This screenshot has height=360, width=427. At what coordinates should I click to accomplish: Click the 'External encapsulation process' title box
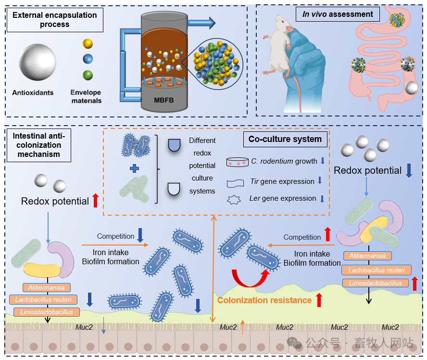point(54,20)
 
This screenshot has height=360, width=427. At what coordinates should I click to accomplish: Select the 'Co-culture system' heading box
point(285,139)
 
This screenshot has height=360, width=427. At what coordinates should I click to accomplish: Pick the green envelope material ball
point(88,75)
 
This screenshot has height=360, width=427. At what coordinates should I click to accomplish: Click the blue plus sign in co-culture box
point(135,168)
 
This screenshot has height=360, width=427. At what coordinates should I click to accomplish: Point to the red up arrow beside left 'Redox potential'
point(95,199)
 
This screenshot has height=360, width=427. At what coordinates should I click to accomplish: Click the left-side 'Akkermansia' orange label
point(47,288)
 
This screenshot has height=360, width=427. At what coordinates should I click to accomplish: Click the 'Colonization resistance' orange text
point(264,300)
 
